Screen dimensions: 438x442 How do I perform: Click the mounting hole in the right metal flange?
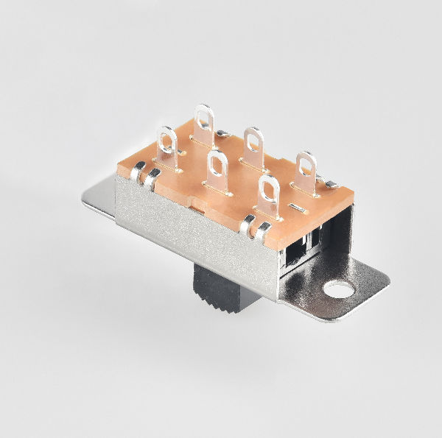(339, 289)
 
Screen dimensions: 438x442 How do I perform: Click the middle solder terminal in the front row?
(217, 172)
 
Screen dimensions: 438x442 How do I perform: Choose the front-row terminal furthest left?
(167, 145)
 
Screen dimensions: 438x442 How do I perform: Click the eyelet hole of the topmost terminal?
(203, 116)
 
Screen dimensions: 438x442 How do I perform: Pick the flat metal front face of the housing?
(199, 236)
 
